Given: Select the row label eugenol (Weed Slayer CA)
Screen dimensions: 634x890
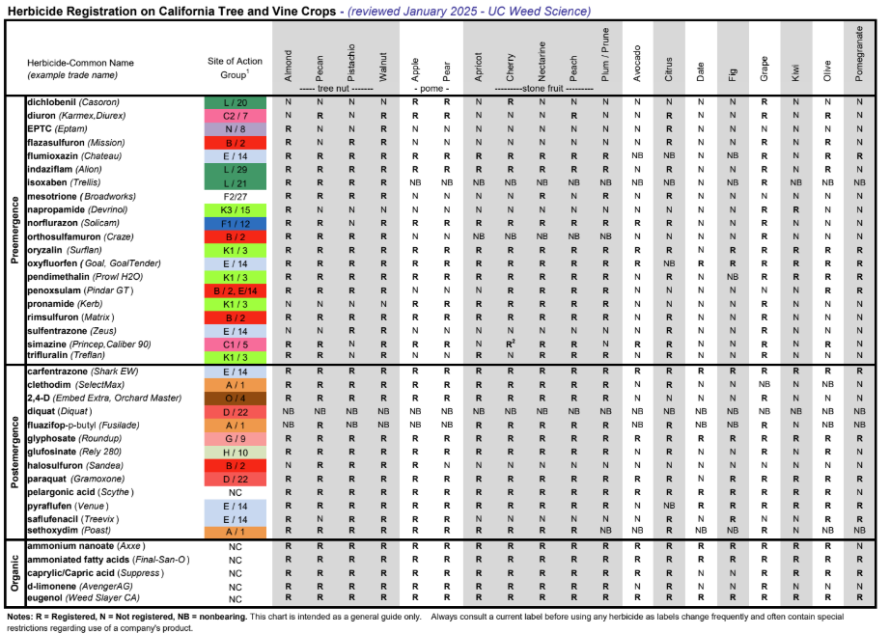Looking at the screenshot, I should click(x=78, y=598).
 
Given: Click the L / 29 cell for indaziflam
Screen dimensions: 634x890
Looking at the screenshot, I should click(x=235, y=168).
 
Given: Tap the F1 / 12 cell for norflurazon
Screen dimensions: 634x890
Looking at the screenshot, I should click(x=235, y=222).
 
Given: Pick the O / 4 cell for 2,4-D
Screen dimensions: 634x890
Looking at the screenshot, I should click(x=235, y=398).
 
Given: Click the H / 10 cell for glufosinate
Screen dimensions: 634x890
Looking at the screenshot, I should click(x=235, y=452).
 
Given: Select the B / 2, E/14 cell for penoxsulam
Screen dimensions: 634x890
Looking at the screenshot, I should click(x=235, y=289).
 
